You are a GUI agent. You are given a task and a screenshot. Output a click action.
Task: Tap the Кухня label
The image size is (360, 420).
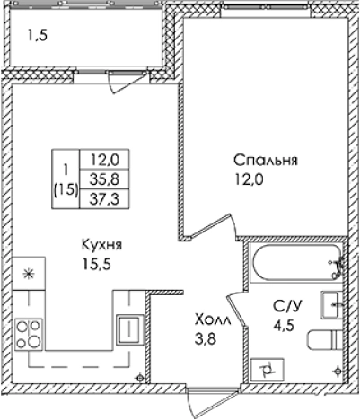click(101, 245)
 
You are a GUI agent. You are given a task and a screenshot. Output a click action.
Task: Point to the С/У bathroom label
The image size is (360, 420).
click(286, 308)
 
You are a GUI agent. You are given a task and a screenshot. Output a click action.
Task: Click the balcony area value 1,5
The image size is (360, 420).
click(35, 39)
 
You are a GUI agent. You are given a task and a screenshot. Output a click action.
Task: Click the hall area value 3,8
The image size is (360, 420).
click(208, 338)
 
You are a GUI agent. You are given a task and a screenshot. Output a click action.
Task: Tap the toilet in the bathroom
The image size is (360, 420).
click(322, 341)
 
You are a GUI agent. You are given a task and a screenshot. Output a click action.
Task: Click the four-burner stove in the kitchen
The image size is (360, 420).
click(30, 332)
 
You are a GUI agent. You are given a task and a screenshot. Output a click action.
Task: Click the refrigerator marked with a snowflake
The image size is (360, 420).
click(29, 274)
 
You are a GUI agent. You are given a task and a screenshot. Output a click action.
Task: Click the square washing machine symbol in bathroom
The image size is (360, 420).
click(267, 366)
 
